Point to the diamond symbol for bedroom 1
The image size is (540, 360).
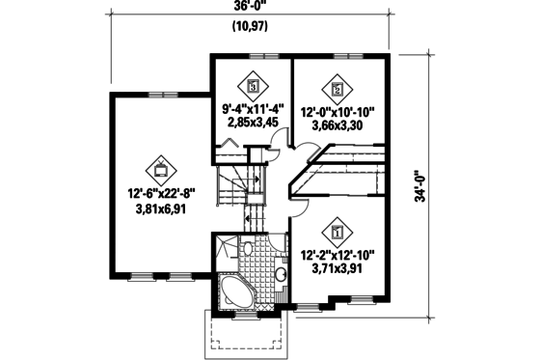(337, 231)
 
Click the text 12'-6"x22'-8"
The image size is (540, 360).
(160, 190)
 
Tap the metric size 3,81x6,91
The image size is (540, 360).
(160, 207)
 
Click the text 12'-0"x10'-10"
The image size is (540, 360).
(337, 111)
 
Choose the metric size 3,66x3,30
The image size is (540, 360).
(337, 125)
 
